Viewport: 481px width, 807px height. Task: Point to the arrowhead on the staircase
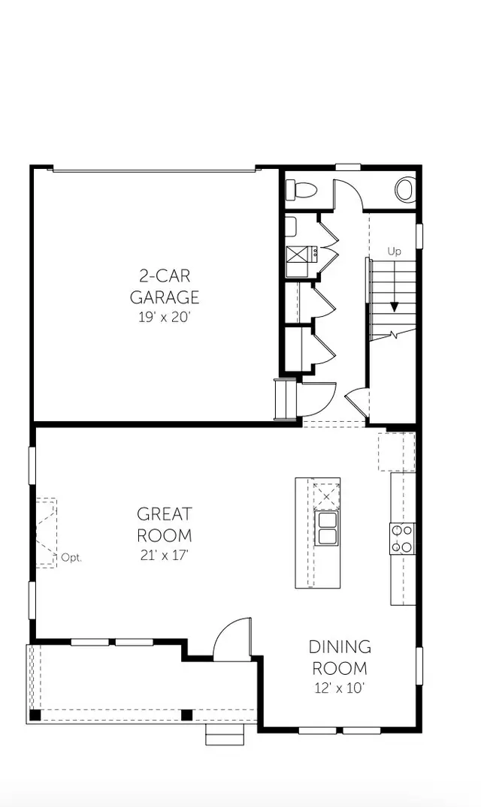tap(393, 306)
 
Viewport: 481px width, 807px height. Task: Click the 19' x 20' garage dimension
tap(165, 317)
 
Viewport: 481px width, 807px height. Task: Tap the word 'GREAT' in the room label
tap(164, 514)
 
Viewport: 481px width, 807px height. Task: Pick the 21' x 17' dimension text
tap(164, 556)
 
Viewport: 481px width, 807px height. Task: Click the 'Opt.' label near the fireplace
tap(71, 558)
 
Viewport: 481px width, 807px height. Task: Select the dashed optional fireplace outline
tap(46, 531)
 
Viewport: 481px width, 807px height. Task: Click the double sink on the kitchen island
tap(327, 528)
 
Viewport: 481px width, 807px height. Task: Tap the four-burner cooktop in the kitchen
tap(402, 538)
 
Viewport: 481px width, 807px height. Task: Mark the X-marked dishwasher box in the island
tap(326, 496)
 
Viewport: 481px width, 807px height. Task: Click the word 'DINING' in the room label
tap(340, 646)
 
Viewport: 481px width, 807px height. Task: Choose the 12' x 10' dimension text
tap(340, 688)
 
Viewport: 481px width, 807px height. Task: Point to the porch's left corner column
tap(35, 714)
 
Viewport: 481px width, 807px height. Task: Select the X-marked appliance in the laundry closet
tap(296, 254)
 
